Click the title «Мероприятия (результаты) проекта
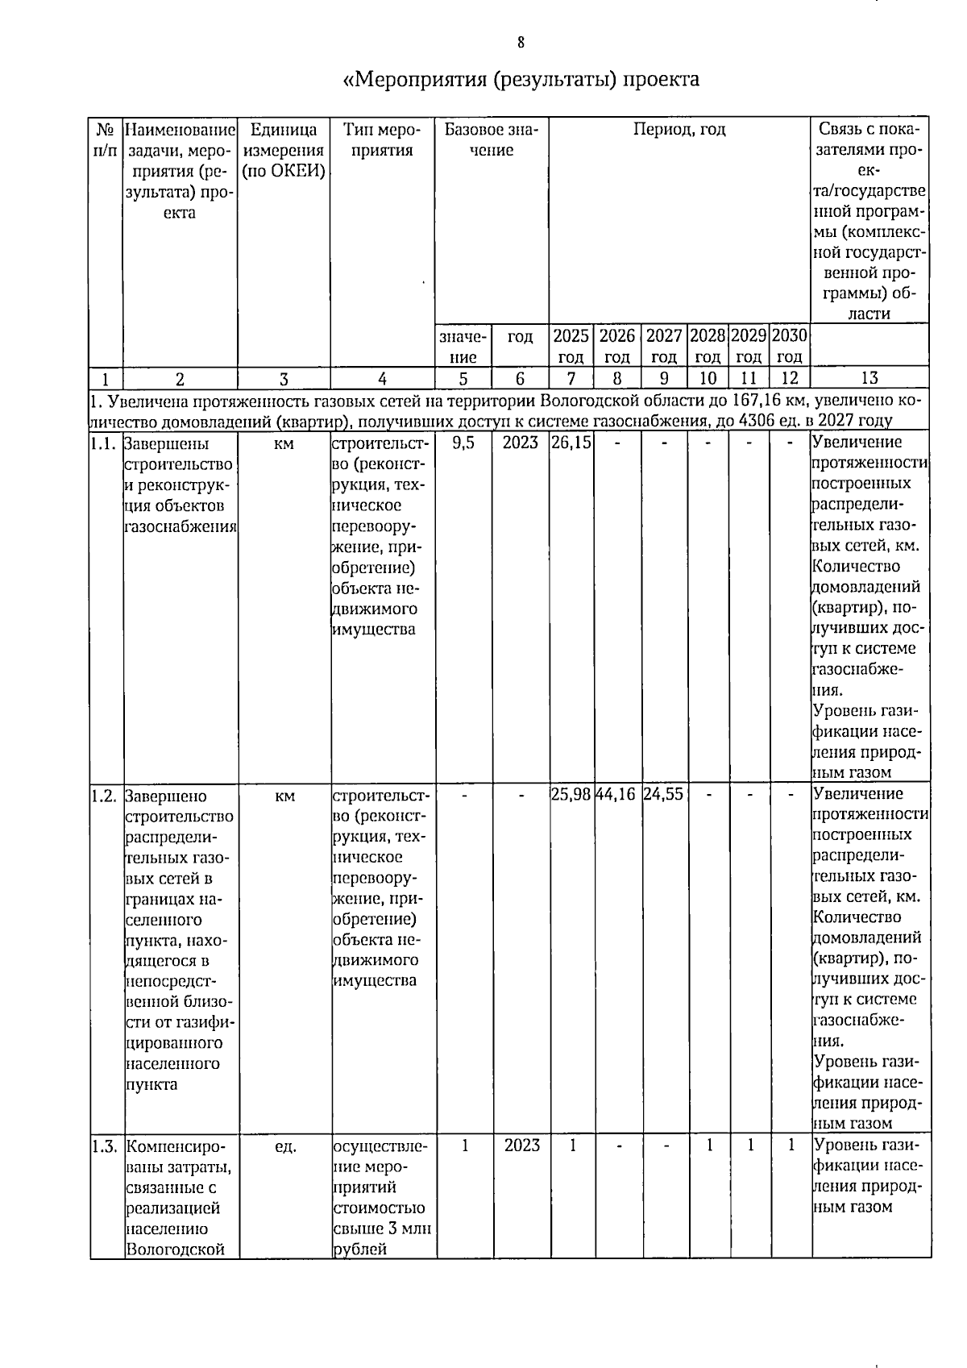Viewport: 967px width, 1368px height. (x=521, y=79)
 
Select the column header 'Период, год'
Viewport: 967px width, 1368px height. (x=679, y=130)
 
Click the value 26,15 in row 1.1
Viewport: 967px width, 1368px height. (x=571, y=443)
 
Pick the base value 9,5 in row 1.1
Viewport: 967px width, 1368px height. (x=463, y=443)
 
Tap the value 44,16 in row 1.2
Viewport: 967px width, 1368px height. (x=616, y=795)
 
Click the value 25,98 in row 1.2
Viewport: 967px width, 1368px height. (x=571, y=795)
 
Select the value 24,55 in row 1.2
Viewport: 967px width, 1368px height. (x=664, y=795)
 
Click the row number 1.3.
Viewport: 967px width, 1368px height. (x=106, y=1146)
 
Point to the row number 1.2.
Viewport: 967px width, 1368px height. (x=106, y=796)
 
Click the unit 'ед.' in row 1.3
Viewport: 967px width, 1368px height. (x=285, y=1146)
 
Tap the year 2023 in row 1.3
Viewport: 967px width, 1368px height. (x=521, y=1145)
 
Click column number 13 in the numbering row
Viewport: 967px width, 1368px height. (x=869, y=378)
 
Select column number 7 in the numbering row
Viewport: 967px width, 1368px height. (x=571, y=378)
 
